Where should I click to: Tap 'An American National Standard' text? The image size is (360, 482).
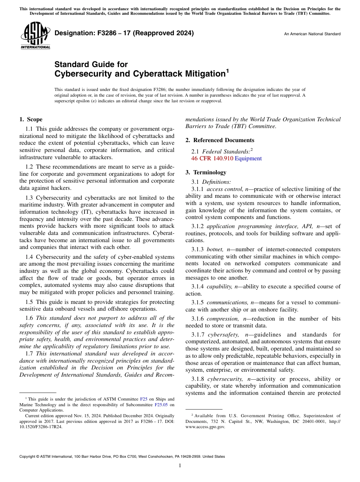tap(312, 34)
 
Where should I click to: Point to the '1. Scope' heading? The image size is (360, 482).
tap(31, 119)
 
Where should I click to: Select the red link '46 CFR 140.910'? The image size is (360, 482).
tap(212, 158)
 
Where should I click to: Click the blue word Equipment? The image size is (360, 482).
tap(248, 158)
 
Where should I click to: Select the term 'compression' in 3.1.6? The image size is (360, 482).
tap(223, 319)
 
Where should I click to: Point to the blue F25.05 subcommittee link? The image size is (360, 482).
tap(161, 404)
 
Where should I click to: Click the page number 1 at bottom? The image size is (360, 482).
tap(180, 466)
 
